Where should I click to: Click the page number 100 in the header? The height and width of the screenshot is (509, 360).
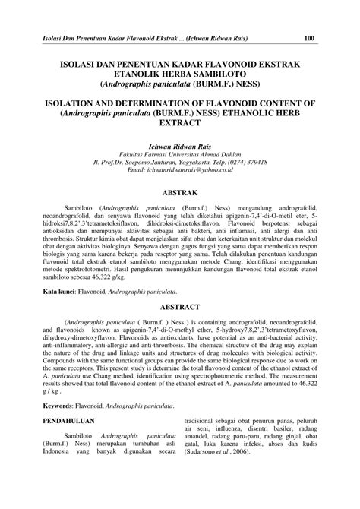tap(310, 39)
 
